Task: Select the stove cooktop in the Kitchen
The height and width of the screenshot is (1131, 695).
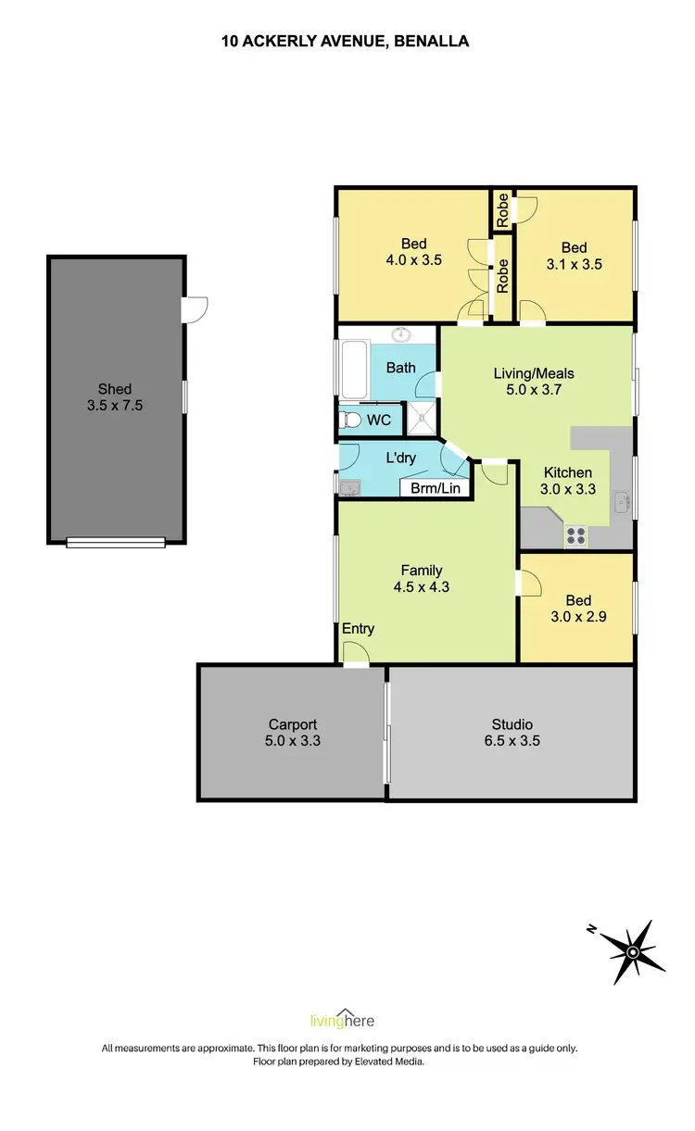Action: click(x=575, y=534)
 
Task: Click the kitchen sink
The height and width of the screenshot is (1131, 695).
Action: click(x=621, y=504)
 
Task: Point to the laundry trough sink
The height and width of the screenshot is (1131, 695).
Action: click(x=349, y=487)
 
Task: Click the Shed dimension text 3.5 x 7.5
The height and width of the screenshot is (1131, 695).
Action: click(x=115, y=405)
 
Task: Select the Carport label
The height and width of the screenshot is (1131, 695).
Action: click(x=293, y=724)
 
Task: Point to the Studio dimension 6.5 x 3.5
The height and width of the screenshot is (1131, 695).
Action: click(x=512, y=740)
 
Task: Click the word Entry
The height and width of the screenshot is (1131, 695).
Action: click(x=359, y=629)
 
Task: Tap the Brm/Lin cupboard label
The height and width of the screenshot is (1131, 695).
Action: click(x=436, y=487)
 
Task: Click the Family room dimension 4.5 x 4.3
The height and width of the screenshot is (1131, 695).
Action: click(x=421, y=585)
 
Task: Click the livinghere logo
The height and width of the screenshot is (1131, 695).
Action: click(x=342, y=1021)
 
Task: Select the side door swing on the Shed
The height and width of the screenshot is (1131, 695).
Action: click(x=196, y=309)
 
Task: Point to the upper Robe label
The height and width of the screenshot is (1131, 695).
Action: click(x=502, y=209)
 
